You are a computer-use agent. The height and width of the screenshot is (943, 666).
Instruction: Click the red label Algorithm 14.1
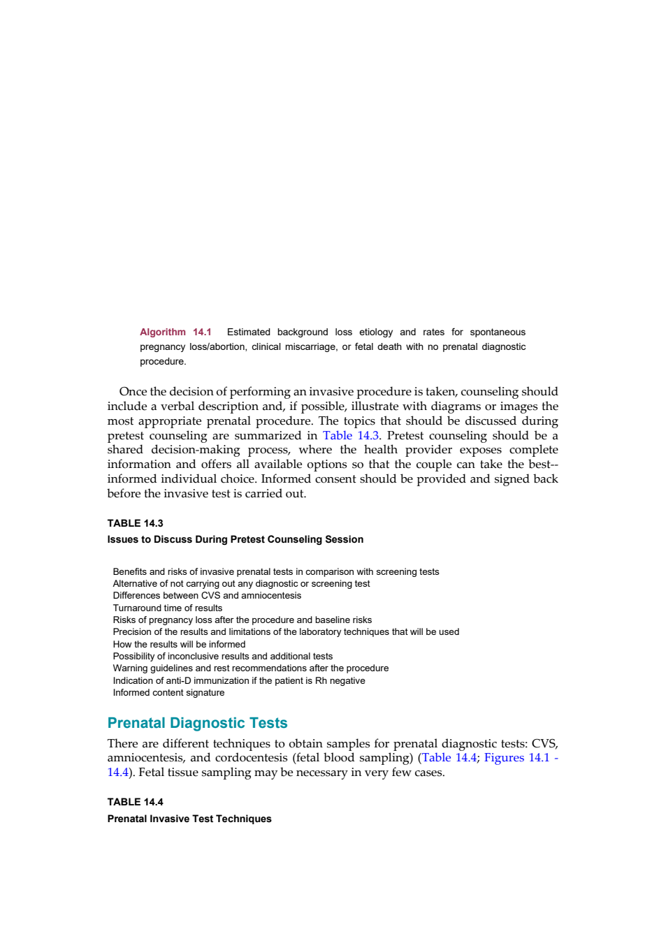point(175,332)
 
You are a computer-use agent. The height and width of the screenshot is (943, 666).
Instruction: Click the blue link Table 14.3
point(351,435)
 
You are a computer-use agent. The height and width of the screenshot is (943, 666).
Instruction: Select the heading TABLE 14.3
point(135,523)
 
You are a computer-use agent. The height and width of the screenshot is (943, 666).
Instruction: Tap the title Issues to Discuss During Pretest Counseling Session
point(235,539)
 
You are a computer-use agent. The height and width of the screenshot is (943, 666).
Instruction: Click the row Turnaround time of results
point(167,608)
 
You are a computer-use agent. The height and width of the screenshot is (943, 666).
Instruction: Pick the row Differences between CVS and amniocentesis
point(207,596)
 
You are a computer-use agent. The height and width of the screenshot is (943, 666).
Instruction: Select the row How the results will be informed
point(179,644)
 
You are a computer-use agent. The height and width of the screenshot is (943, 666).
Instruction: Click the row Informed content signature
point(168,692)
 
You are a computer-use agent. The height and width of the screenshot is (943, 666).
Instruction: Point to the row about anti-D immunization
point(239,681)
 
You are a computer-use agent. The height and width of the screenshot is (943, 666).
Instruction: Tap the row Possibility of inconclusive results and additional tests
point(222,657)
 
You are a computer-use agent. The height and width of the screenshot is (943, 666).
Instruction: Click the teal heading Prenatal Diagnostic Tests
point(197,723)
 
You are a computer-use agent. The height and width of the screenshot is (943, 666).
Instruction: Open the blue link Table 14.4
point(449,757)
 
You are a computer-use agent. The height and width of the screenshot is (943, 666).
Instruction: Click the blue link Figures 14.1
point(517,757)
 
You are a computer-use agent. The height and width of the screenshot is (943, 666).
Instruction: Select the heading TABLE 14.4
point(135,802)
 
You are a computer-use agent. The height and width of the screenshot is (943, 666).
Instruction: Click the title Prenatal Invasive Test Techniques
point(189,819)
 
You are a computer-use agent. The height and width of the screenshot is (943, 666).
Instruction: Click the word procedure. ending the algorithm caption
point(163,362)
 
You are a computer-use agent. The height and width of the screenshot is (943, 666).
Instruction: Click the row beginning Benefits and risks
point(276,571)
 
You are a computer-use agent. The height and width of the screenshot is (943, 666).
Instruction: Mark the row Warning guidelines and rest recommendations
point(251,668)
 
